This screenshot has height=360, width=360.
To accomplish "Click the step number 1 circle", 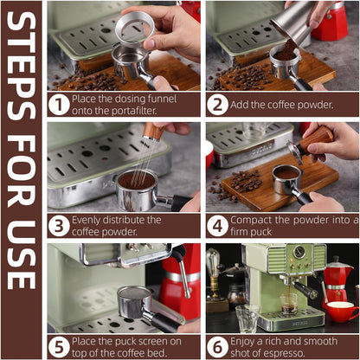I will (58, 105).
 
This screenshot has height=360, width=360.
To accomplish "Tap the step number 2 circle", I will (217, 105).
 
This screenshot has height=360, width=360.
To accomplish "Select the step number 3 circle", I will (58, 225).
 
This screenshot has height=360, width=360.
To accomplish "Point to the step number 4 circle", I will (217, 225).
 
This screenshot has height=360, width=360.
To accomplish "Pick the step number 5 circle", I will (58, 345).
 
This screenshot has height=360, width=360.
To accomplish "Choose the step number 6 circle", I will (217, 345).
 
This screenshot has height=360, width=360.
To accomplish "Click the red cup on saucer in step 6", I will (341, 311).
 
